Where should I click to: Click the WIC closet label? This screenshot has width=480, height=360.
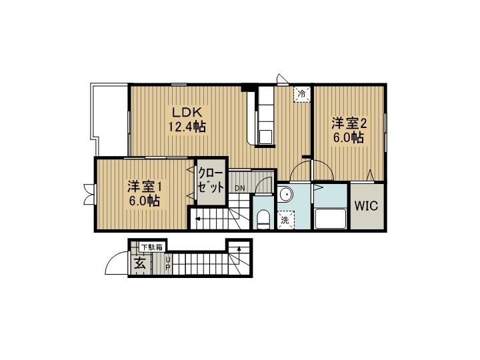[x=365, y=206]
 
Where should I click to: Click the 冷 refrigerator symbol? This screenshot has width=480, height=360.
[x=303, y=94]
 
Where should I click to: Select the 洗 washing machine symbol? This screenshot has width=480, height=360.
[x=285, y=219]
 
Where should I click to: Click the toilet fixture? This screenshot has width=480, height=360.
[x=263, y=218]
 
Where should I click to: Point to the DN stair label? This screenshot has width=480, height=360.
[x=239, y=188]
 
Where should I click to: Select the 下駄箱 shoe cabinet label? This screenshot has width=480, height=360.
[x=149, y=247]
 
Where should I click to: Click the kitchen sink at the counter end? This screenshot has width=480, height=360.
[x=265, y=137]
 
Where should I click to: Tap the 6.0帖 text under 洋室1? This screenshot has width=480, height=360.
[x=145, y=201]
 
